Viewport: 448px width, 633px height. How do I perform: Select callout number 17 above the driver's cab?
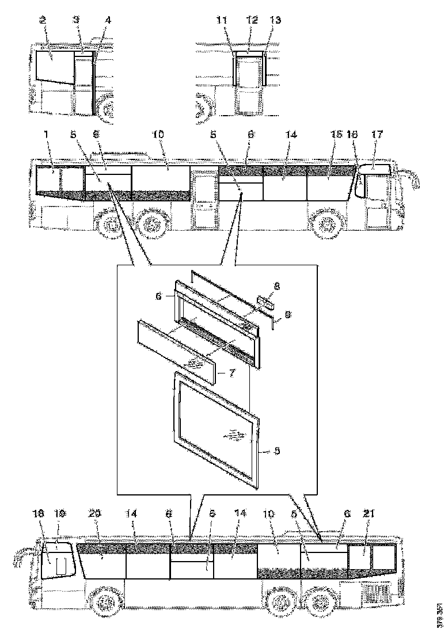point(377,134)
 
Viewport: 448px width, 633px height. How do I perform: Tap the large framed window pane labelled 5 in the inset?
point(217,426)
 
